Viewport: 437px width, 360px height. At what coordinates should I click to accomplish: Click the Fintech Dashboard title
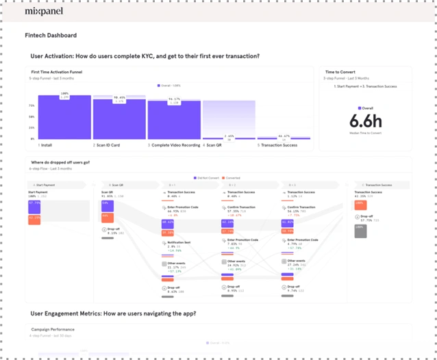click(51, 36)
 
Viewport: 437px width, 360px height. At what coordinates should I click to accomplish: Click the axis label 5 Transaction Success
click(277, 145)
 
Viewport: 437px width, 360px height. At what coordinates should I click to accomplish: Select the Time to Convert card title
click(340, 72)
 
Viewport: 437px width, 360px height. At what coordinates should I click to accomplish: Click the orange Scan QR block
click(108, 218)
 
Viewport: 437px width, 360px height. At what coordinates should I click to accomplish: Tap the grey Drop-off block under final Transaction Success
click(360, 231)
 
